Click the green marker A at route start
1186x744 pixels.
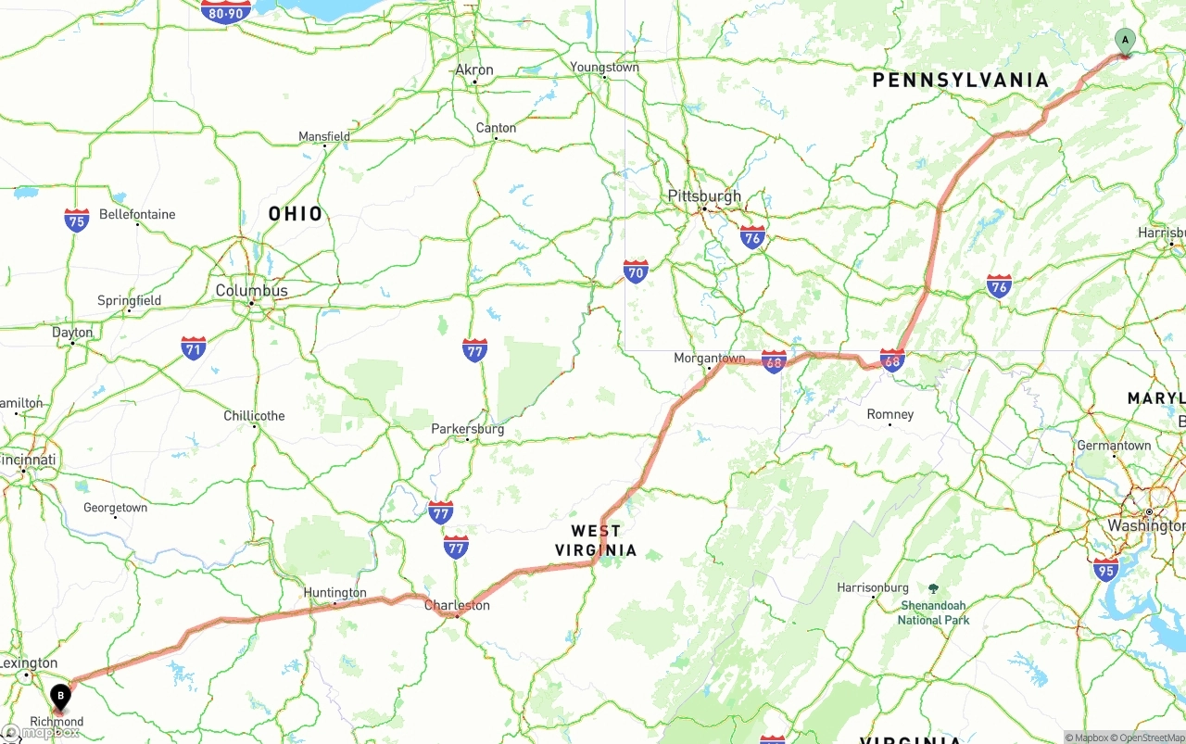pos(1124,41)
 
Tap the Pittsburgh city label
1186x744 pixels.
pos(704,196)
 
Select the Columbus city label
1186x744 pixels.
pos(251,291)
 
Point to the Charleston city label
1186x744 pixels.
pos(457,605)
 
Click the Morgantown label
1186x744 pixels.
pos(709,358)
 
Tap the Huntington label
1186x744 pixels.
pos(335,593)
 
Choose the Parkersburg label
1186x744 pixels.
pos(468,429)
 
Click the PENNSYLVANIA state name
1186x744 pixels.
pos(960,81)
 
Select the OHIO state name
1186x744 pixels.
pos(296,214)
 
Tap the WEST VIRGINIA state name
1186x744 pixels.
pos(596,540)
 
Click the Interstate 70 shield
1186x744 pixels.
pos(636,271)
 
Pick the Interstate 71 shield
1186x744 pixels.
pos(194,348)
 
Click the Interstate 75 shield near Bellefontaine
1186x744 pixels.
pos(77,221)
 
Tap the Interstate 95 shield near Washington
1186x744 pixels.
pos(1104,569)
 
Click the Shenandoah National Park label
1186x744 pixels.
pos(933,612)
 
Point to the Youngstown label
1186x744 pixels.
pos(604,68)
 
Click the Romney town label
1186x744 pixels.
pos(889,414)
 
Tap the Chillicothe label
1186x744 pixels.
pos(254,416)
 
